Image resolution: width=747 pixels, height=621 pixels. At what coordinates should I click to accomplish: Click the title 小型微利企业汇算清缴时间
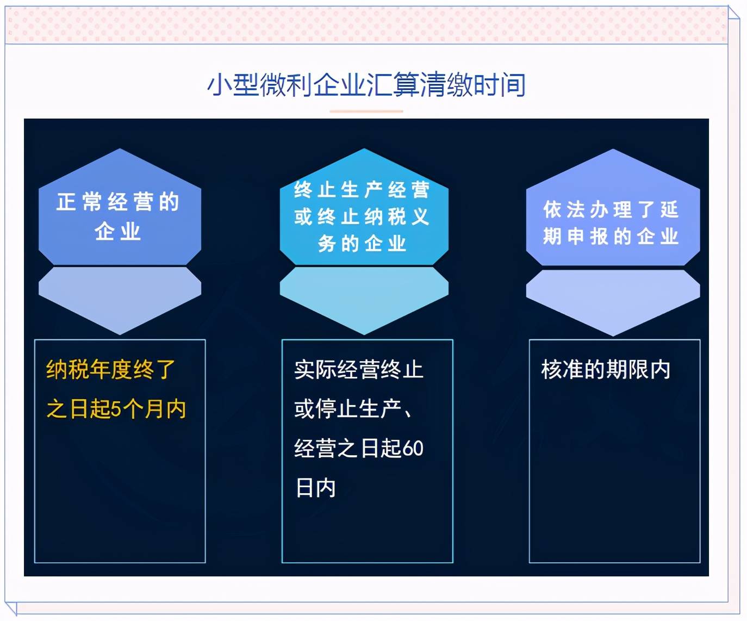pos(366,85)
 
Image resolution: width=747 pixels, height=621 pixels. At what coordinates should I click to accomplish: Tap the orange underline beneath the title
pos(366,111)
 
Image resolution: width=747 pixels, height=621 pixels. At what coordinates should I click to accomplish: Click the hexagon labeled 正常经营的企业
pos(120,207)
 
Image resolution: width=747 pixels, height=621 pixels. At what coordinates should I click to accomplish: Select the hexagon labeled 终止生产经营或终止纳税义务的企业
pos(364,207)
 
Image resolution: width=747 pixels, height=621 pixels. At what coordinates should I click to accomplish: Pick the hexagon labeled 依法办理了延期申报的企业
pos(613,207)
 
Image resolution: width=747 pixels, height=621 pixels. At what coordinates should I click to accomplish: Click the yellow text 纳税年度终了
pos(110,369)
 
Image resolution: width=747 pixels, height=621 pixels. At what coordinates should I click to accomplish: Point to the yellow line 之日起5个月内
pos(116,409)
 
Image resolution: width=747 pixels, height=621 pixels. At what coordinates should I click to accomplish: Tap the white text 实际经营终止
pos(358,369)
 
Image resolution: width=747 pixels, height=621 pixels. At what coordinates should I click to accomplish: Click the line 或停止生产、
pos(353,409)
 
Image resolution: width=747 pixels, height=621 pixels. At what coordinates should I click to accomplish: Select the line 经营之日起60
pos(359,448)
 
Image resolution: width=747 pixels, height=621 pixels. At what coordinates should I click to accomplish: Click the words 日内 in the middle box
pos(315,487)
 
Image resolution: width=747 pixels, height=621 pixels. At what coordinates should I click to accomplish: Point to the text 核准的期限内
pos(606,369)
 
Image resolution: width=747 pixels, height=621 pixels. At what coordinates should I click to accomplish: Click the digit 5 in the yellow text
pos(116,409)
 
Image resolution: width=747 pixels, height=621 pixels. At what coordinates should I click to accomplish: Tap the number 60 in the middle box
pos(413,449)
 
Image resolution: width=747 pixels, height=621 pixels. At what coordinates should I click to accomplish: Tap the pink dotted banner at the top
pos(366,24)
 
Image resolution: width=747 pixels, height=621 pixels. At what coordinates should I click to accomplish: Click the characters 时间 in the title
pos(500,85)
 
